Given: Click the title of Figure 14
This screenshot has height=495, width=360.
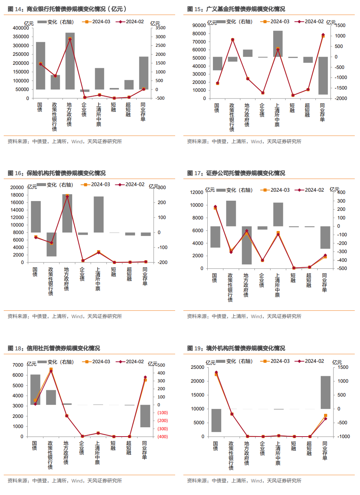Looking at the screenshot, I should pyautogui.click(x=67, y=9).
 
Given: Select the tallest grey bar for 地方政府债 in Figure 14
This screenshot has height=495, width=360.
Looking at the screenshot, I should pyautogui.click(x=70, y=61).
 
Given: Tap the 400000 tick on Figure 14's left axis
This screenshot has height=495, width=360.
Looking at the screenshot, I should pyautogui.click(x=21, y=28).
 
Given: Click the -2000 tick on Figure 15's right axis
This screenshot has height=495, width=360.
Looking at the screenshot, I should pyautogui.click(x=341, y=98).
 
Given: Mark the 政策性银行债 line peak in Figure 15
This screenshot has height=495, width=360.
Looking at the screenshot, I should pyautogui.click(x=232, y=40).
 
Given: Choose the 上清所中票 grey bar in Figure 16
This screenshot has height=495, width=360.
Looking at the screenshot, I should pyautogui.click(x=98, y=215).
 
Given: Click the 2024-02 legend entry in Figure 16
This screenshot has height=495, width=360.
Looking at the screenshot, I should pyautogui.click(x=131, y=185).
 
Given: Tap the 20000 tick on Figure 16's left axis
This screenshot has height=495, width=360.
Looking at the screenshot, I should pyautogui.click(x=17, y=188).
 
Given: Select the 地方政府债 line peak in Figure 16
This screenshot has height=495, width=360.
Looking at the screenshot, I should pyautogui.click(x=67, y=196).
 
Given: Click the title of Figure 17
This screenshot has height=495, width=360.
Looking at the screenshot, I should pyautogui.click(x=236, y=173).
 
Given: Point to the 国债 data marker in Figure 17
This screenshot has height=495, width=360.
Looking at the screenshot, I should pyautogui.click(x=215, y=207).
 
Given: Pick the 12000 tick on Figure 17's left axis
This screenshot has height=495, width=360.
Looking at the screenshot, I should pyautogui.click(x=196, y=192).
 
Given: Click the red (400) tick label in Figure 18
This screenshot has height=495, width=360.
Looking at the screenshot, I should pyautogui.click(x=162, y=437).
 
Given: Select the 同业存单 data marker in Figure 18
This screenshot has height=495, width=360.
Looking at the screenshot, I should pyautogui.click(x=145, y=378).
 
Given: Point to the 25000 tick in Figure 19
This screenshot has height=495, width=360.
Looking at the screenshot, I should pyautogui.click(x=198, y=367).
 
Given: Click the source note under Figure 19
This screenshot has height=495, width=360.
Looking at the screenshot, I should pyautogui.click(x=244, y=481).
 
